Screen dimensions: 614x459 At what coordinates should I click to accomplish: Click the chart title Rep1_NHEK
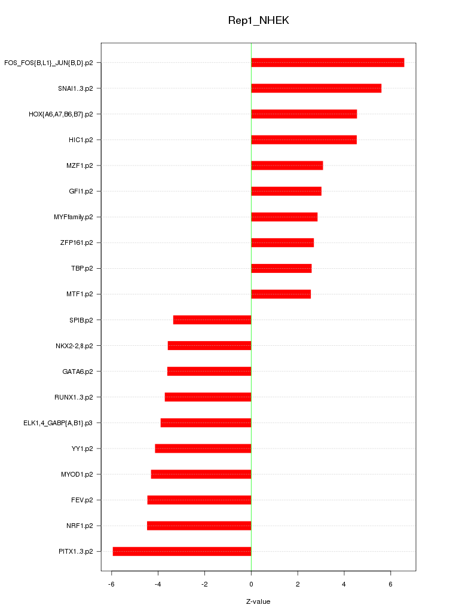tap(258, 21)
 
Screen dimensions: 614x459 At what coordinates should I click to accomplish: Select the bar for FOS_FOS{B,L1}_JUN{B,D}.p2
tap(328, 63)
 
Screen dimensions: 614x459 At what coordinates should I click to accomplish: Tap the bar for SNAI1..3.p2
tap(316, 88)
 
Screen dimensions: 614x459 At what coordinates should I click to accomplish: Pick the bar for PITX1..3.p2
tap(182, 551)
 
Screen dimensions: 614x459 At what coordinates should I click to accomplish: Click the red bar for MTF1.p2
tap(281, 294)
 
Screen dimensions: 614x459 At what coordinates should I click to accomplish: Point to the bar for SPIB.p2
tap(212, 320)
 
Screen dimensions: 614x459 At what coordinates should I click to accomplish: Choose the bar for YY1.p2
tap(203, 449)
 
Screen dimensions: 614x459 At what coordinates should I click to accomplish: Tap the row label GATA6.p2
tap(78, 372)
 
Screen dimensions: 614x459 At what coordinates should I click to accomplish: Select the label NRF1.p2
tap(79, 526)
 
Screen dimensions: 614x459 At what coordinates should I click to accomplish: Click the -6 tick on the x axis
tap(111, 584)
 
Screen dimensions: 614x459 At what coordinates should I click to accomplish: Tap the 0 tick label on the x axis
tap(251, 584)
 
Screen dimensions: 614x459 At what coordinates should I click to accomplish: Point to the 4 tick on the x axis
tap(344, 584)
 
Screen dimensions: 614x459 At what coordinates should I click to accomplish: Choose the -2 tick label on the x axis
tap(204, 584)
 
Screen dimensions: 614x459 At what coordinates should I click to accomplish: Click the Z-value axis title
tap(258, 601)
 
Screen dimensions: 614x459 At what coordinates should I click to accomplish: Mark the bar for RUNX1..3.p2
tap(208, 397)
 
